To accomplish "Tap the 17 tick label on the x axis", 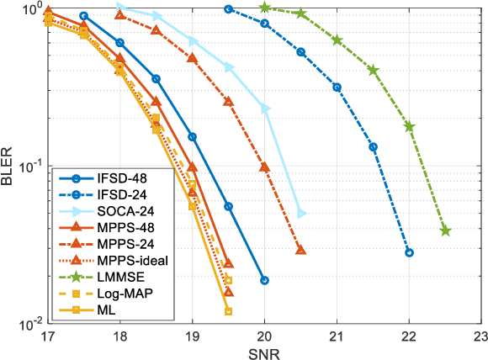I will click(48, 336).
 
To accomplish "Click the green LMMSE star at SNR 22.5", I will click(445, 230).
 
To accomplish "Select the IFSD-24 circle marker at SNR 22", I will click(409, 252).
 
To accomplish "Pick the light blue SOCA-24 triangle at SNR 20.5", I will click(301, 214).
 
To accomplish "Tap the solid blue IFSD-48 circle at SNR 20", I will click(265, 280).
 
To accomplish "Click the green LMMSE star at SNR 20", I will click(265, 8).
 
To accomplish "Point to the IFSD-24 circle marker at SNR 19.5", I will click(229, 9).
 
